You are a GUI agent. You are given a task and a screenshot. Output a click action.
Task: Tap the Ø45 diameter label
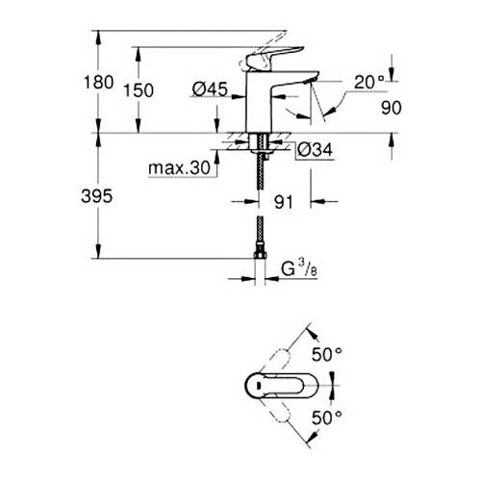(x=210, y=89)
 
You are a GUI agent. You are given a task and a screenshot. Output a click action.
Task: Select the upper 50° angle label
(x=332, y=354)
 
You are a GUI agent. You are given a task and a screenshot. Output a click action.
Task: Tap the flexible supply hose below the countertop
(x=260, y=207)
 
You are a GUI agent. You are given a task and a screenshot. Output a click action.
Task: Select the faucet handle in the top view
(x=274, y=386)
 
